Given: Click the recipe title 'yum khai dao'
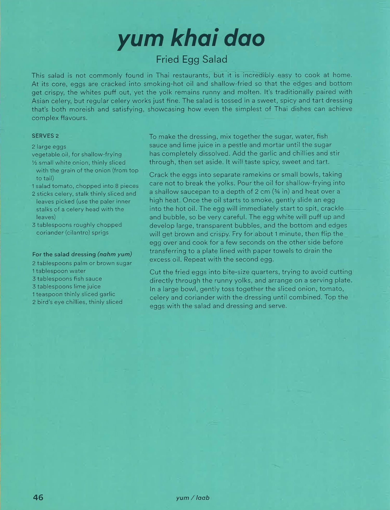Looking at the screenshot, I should click(191, 39).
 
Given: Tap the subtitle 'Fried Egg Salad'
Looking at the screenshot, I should click(192, 59).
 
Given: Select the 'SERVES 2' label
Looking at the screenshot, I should click(45, 136).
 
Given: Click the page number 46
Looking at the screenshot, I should click(38, 498).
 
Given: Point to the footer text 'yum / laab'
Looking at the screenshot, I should click(193, 498).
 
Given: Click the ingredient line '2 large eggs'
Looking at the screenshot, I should click(49, 147).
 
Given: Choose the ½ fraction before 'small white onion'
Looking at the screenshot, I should click(34, 163).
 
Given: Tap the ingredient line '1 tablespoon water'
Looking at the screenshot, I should click(59, 271).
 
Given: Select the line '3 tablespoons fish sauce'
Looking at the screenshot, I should click(67, 279).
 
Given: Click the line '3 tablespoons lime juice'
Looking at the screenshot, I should click(66, 286).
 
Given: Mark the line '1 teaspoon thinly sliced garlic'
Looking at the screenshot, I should click(74, 294).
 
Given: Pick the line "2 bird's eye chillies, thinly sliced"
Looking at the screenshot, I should click(77, 302).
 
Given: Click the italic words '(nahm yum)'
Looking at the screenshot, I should click(115, 254).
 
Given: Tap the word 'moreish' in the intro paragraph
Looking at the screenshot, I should click(81, 109).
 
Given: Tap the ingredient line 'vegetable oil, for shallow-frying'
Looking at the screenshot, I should click(77, 155).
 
